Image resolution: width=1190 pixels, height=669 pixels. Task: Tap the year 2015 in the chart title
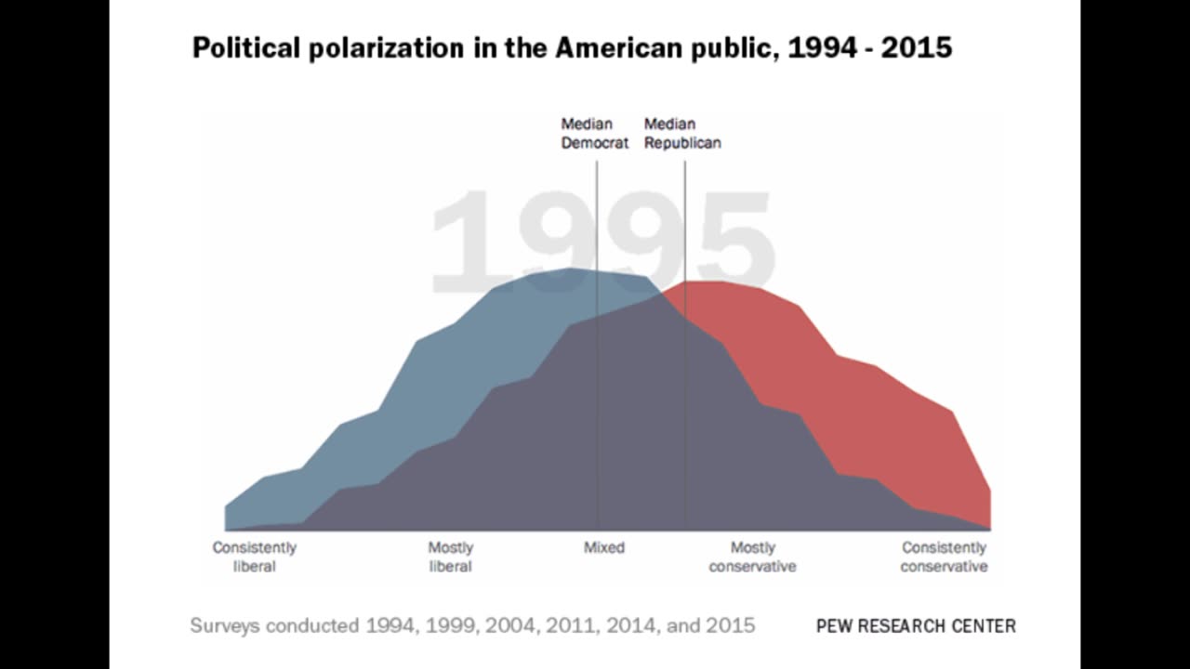tap(916, 48)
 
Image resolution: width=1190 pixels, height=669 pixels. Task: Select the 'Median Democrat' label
tap(594, 134)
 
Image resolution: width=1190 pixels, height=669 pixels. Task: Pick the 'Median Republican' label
tap(682, 134)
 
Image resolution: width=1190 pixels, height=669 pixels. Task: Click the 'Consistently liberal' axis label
tap(254, 557)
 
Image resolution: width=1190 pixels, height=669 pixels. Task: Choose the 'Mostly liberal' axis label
tap(451, 557)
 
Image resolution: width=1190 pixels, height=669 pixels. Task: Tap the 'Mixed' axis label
tap(604, 548)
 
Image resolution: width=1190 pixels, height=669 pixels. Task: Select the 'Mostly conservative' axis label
tap(752, 557)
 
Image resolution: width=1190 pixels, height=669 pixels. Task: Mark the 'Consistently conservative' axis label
tap(944, 557)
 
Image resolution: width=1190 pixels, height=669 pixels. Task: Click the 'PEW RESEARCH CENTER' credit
tap(916, 625)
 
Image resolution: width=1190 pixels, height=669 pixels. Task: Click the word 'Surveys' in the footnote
tap(224, 625)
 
